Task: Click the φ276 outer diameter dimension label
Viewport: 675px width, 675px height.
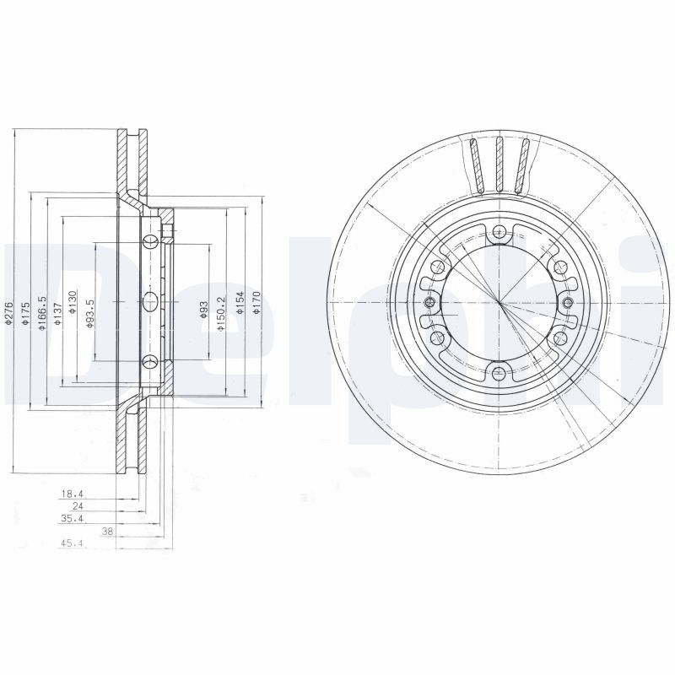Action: coord(8,312)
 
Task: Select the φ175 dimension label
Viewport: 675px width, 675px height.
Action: coord(24,312)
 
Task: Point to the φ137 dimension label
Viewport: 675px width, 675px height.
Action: coord(57,312)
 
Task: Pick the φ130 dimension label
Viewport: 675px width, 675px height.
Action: coord(73,302)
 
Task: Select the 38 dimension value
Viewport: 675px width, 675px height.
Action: coord(107,532)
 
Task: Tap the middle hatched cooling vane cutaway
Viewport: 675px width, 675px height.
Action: coord(499,163)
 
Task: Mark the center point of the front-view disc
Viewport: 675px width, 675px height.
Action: coord(499,303)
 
